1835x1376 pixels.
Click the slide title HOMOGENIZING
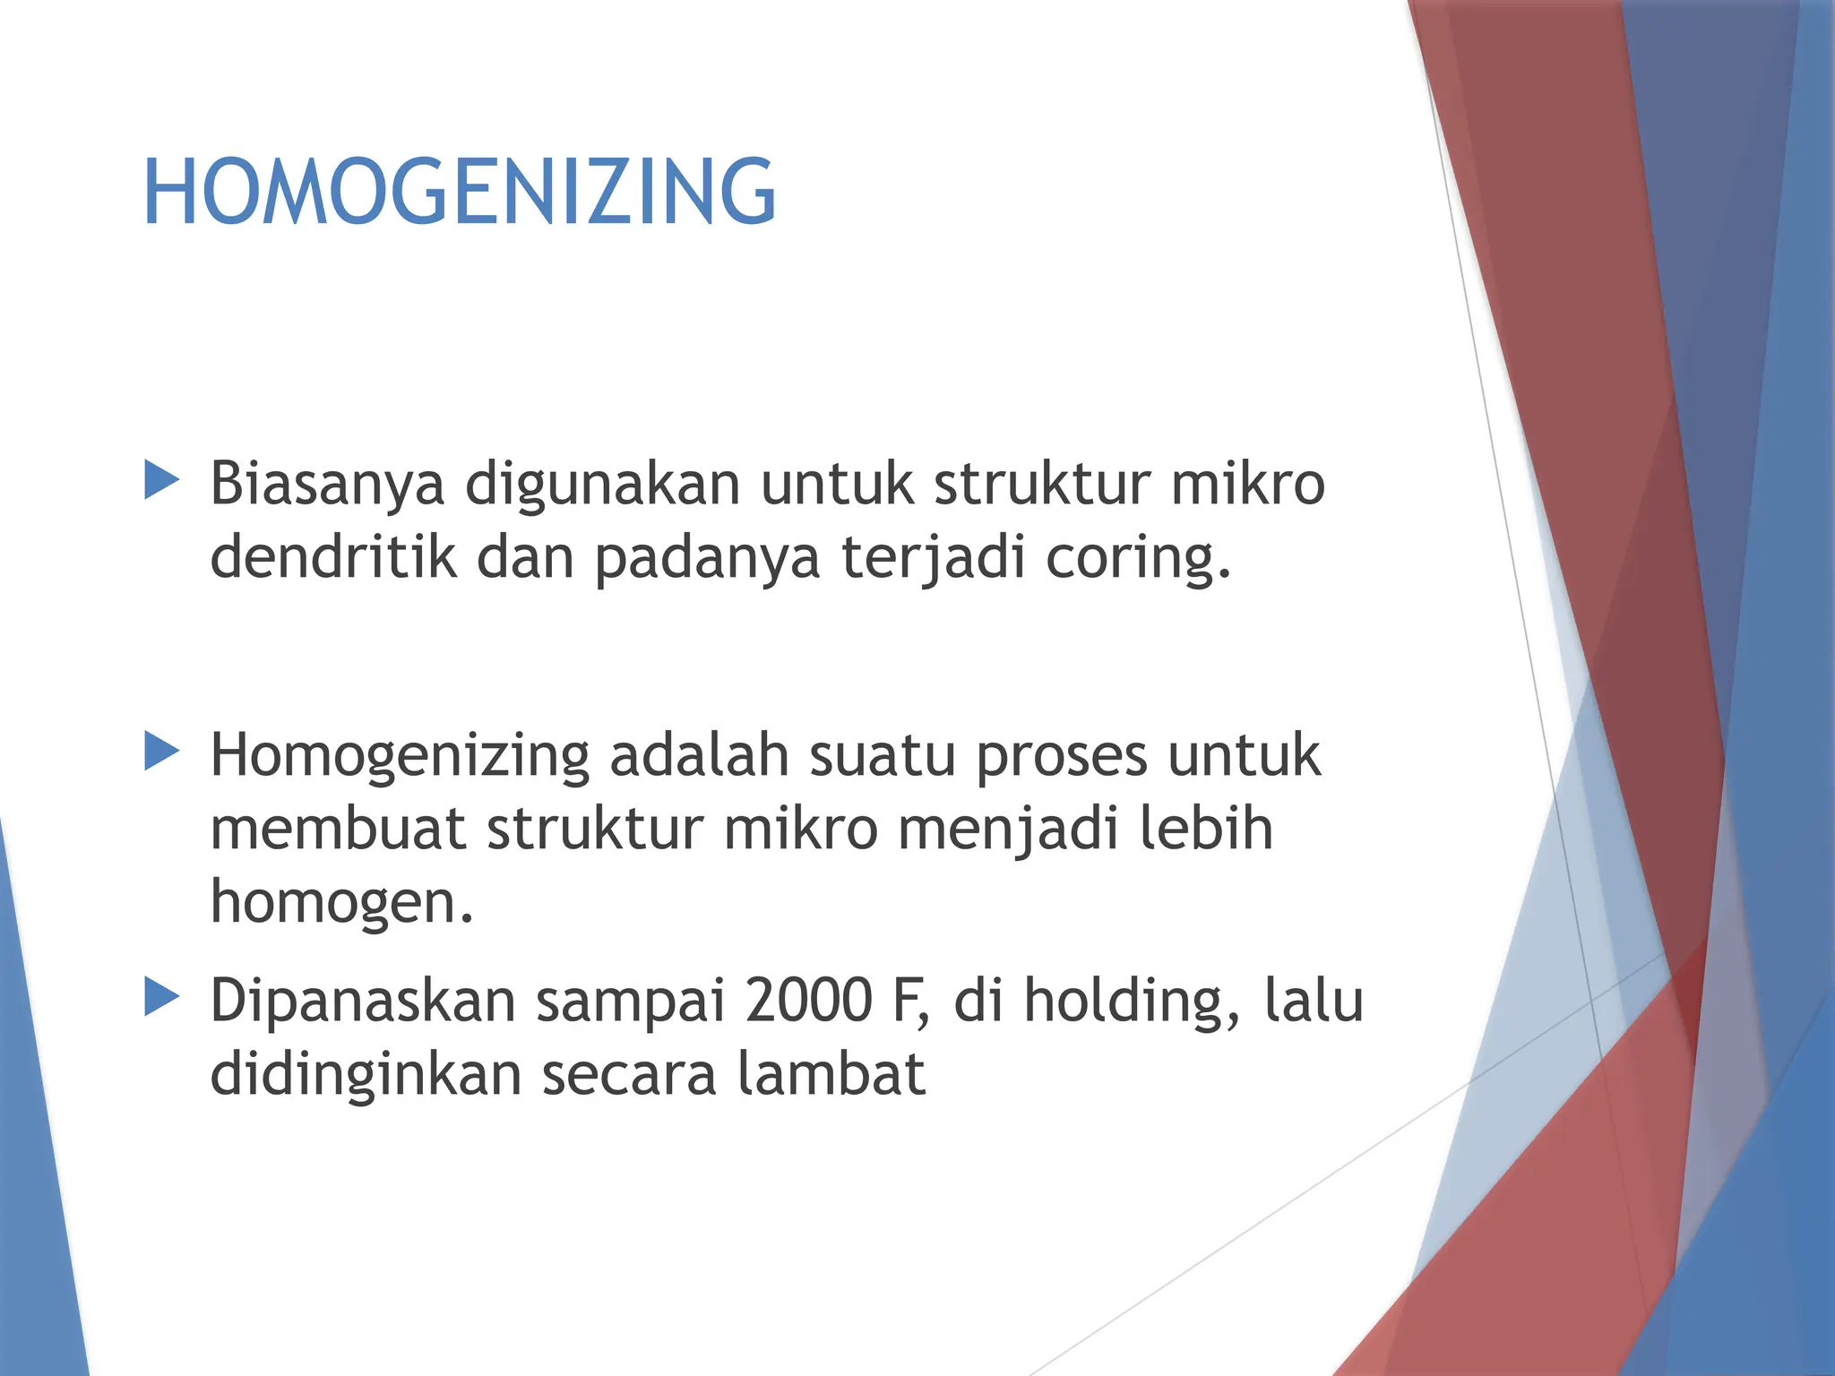tap(459, 191)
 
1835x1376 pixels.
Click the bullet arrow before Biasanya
tap(162, 480)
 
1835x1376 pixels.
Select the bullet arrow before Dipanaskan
tap(162, 997)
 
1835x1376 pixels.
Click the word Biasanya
tap(327, 485)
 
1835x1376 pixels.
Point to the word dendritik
tap(333, 557)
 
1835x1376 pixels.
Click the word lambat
tap(831, 1074)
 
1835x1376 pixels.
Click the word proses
tap(1061, 758)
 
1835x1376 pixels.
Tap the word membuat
tap(338, 829)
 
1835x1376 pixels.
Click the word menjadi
tap(1008, 830)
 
